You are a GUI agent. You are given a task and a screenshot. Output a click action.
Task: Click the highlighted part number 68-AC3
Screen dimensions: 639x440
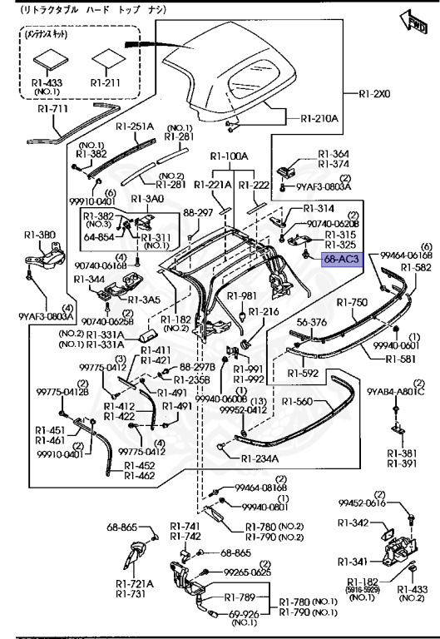point(341,260)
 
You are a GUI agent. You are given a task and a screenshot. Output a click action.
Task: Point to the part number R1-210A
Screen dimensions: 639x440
point(319,118)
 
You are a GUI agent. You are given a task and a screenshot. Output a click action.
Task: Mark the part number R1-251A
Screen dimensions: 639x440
point(135,126)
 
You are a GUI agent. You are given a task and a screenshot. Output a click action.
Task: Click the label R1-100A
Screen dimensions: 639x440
point(229,156)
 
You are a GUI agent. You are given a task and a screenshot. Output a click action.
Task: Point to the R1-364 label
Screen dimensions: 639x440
point(336,154)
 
